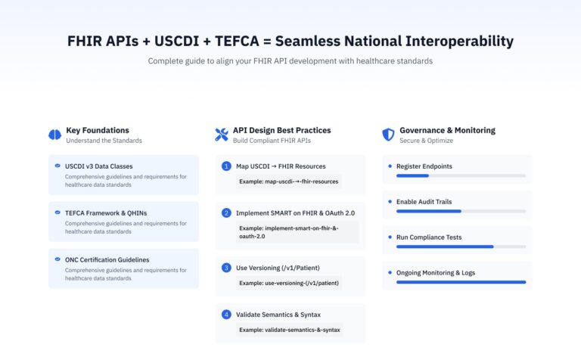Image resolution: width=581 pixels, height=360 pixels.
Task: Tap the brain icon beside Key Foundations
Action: [x=54, y=135]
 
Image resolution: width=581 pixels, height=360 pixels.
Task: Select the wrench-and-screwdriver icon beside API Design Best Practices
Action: [x=222, y=135]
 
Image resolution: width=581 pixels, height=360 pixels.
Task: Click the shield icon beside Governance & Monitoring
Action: [x=388, y=135]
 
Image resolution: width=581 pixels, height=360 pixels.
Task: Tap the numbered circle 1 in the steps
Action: [x=226, y=166]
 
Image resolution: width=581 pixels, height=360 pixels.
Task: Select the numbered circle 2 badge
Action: [x=226, y=213]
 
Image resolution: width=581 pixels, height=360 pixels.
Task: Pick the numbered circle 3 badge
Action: [x=226, y=267]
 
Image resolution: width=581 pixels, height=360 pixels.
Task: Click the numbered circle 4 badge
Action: [x=226, y=314]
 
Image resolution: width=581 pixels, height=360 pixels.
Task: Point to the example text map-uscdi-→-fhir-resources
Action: [x=290, y=182]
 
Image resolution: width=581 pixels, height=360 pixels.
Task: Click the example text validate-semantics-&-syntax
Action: [x=290, y=330]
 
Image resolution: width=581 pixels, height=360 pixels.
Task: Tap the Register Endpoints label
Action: [x=424, y=166]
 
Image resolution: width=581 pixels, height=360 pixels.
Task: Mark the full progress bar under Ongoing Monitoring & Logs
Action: [x=461, y=282]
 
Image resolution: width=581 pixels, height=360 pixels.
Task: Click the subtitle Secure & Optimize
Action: [x=426, y=141]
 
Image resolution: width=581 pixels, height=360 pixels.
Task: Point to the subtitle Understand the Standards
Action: [x=104, y=141]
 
